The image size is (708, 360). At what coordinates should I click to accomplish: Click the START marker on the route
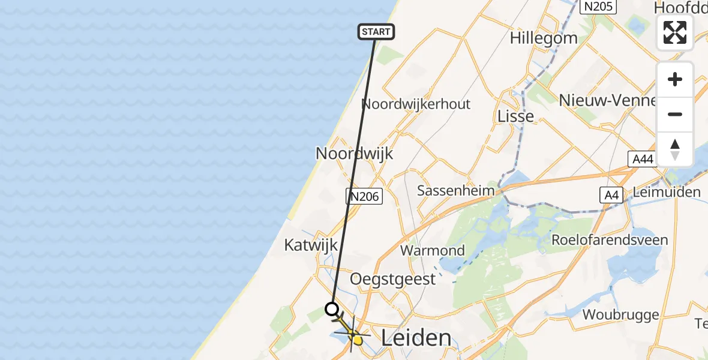tap(376, 32)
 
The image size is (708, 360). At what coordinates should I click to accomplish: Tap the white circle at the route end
tap(332, 310)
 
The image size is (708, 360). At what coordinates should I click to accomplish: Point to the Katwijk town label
tap(311, 245)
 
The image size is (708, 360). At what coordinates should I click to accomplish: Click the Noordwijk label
tap(354, 154)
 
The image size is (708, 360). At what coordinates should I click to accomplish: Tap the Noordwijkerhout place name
tap(416, 104)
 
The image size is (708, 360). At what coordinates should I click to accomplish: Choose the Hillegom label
tap(544, 38)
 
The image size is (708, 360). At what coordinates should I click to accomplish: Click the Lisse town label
tap(516, 116)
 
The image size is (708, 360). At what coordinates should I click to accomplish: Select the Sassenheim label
tap(456, 191)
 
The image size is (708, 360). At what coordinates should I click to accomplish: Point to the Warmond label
tap(433, 250)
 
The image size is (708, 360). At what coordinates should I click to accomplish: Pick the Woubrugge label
tap(620, 314)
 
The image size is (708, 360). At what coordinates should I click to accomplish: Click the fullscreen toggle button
tap(675, 32)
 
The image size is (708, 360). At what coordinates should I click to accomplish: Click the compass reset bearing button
tap(675, 149)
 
